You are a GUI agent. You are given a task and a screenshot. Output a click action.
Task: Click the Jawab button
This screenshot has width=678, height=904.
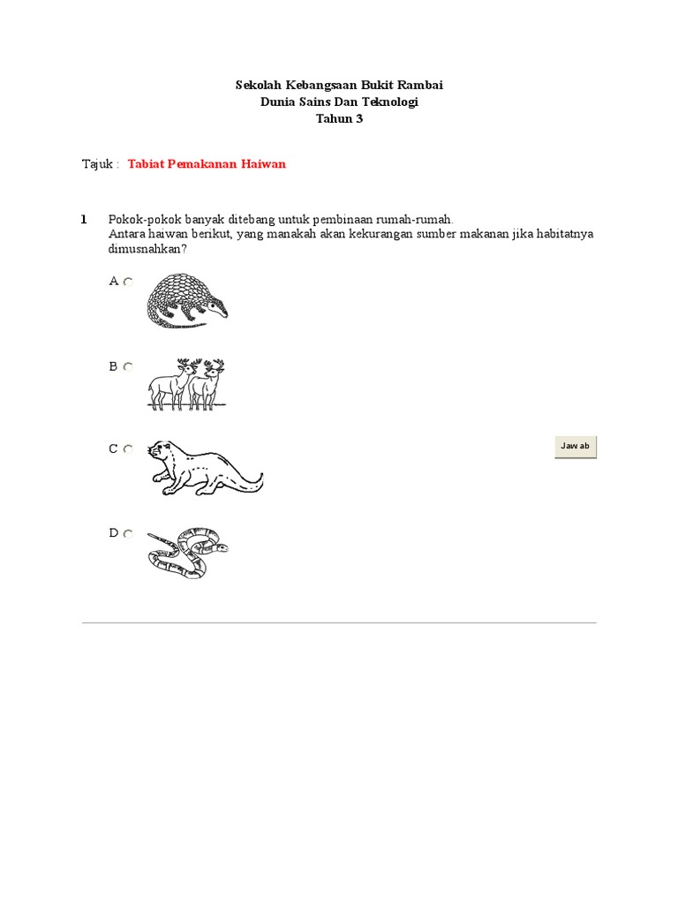tap(576, 447)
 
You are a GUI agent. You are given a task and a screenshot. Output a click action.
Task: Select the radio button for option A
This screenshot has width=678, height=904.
tap(128, 282)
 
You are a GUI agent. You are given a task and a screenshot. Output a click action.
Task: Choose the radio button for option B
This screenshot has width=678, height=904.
tap(128, 366)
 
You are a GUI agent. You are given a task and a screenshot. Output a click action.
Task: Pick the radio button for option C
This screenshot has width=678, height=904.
tap(128, 449)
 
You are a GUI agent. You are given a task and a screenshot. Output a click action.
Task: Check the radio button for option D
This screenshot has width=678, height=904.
tap(128, 533)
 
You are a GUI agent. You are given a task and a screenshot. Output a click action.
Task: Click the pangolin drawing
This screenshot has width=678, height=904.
tap(186, 300)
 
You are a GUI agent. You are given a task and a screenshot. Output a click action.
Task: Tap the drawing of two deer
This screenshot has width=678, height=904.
tap(186, 384)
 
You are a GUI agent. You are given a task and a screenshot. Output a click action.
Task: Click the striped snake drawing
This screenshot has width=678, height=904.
tap(187, 552)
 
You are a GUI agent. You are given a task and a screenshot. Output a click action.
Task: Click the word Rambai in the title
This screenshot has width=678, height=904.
tap(421, 86)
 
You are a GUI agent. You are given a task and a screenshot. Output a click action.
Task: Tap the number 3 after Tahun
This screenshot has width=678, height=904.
tap(359, 119)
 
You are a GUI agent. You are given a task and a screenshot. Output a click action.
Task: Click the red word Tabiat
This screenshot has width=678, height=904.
tap(147, 164)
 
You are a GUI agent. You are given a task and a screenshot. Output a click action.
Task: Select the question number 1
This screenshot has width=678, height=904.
tap(84, 219)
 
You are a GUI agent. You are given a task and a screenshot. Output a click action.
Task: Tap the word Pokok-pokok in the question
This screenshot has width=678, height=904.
tap(139, 219)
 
